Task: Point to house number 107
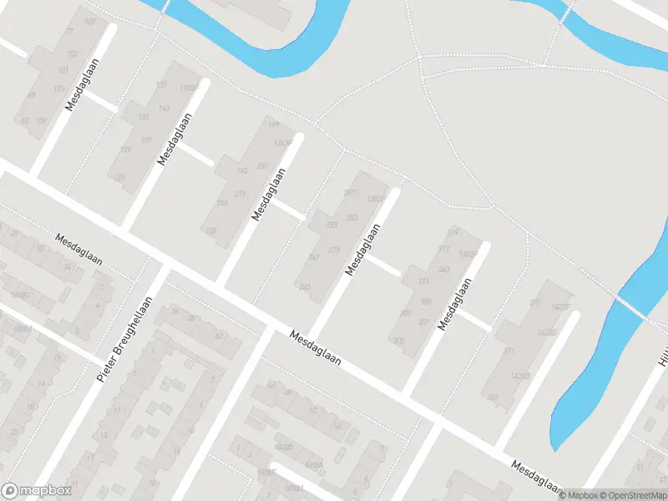[90, 21]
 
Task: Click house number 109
[41, 121]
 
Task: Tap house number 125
[119, 177]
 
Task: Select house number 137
[161, 86]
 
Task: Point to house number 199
[272, 124]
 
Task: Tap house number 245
[304, 287]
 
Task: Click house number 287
[349, 193]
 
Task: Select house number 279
[334, 250]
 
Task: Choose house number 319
[453, 231]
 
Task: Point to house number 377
[535, 302]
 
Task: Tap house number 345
[493, 397]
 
